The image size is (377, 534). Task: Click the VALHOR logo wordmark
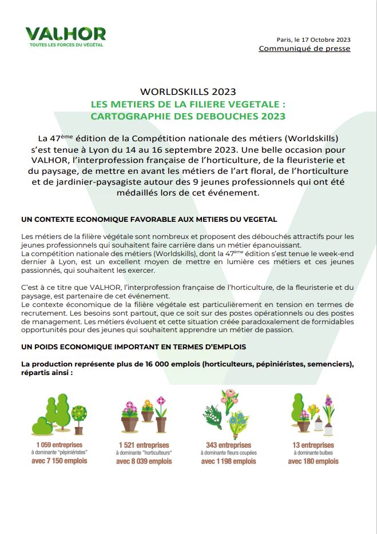(x=65, y=33)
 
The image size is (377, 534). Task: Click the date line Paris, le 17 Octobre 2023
(x=313, y=39)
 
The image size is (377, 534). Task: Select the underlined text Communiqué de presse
(x=304, y=49)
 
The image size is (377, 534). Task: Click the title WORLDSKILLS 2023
(x=188, y=91)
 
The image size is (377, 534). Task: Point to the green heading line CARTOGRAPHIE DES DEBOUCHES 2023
(x=188, y=116)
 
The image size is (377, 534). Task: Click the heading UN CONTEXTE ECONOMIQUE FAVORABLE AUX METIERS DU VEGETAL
(x=149, y=219)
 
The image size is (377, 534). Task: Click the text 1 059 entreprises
(x=59, y=444)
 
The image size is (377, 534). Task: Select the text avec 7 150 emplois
(x=59, y=460)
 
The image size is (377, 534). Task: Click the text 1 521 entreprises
(x=144, y=445)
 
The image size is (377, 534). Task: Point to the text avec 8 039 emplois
(x=144, y=461)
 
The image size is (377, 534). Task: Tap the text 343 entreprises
(x=228, y=445)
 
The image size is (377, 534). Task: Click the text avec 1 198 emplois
(x=228, y=461)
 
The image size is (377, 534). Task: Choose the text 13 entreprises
(x=313, y=445)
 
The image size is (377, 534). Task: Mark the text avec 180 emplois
(x=313, y=461)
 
